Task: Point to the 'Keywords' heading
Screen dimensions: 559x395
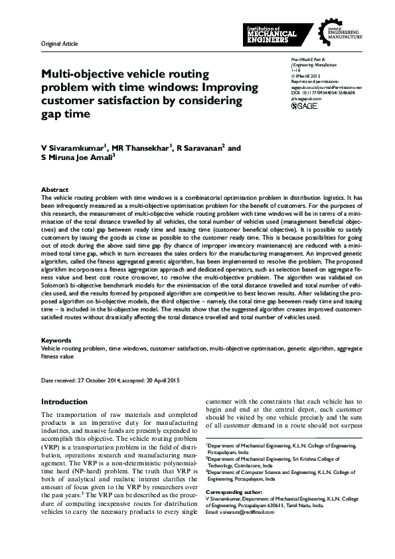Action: pyautogui.click(x=55, y=341)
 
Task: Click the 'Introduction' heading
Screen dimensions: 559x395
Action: pyautogui.click(x=64, y=402)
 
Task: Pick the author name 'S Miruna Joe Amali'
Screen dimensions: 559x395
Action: pyautogui.click(x=78, y=159)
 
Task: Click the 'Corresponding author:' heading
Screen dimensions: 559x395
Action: pyautogui.click(x=232, y=492)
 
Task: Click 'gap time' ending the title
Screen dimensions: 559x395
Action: pyautogui.click(x=65, y=114)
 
